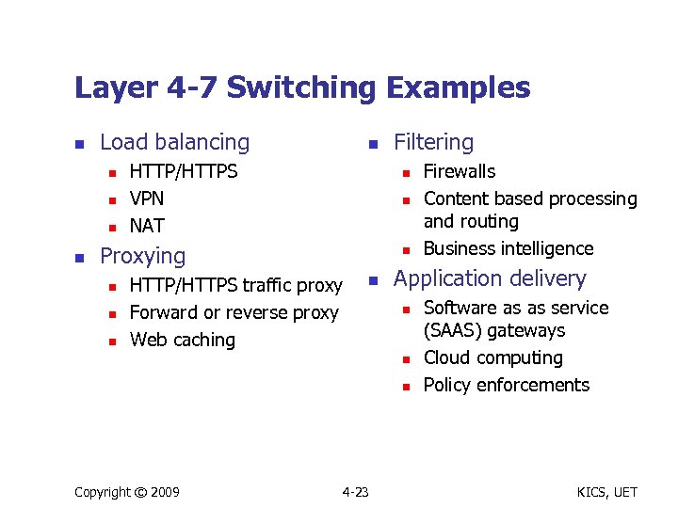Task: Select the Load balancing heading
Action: point(174,142)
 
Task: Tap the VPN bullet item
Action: point(146,198)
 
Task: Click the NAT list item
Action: point(146,226)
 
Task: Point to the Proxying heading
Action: point(142,256)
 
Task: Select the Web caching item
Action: point(182,340)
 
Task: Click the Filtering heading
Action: point(433,142)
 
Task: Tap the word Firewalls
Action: point(459,171)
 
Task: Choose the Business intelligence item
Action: point(508,248)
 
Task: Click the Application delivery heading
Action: point(489,278)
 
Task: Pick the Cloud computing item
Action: point(492,357)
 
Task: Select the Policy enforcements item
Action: point(506,385)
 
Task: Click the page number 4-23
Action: point(355,492)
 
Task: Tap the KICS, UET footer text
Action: point(606,492)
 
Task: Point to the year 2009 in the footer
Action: point(164,492)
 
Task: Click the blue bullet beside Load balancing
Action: point(80,144)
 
